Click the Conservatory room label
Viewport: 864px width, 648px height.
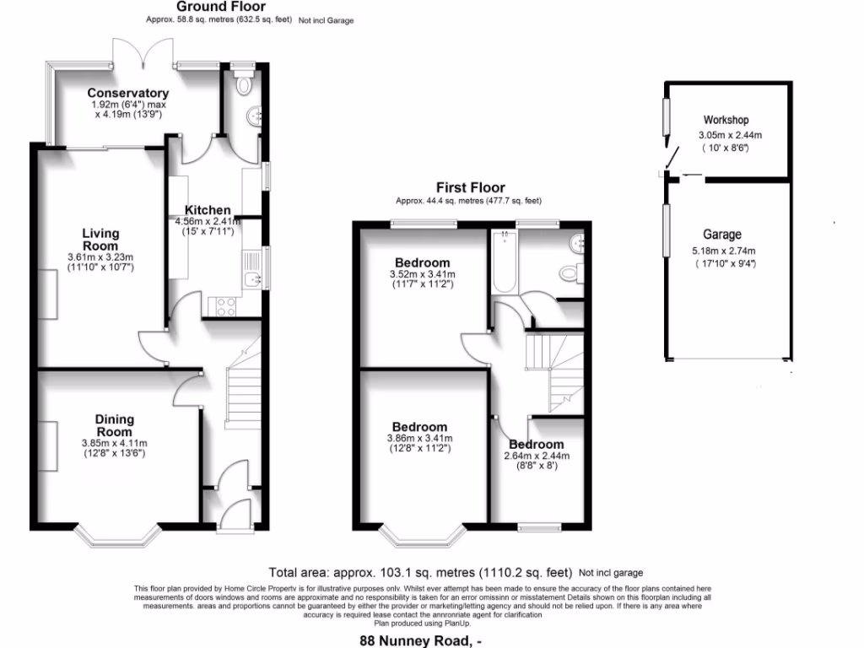(128, 93)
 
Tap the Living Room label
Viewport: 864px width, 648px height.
(100, 239)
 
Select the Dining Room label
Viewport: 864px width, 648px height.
(114, 425)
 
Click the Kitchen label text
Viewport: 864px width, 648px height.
(208, 210)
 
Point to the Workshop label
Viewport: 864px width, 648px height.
(726, 120)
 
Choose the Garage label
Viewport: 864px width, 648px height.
(721, 235)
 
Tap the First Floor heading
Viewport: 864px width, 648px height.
(470, 187)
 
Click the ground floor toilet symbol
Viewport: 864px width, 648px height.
(245, 84)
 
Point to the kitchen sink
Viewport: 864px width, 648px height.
(251, 279)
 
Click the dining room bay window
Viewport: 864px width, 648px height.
(117, 537)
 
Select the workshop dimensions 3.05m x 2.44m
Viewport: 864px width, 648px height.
(730, 135)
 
